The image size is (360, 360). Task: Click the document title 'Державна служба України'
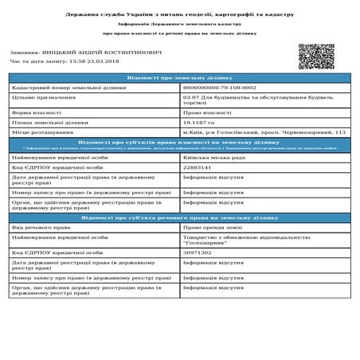pos(179,16)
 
